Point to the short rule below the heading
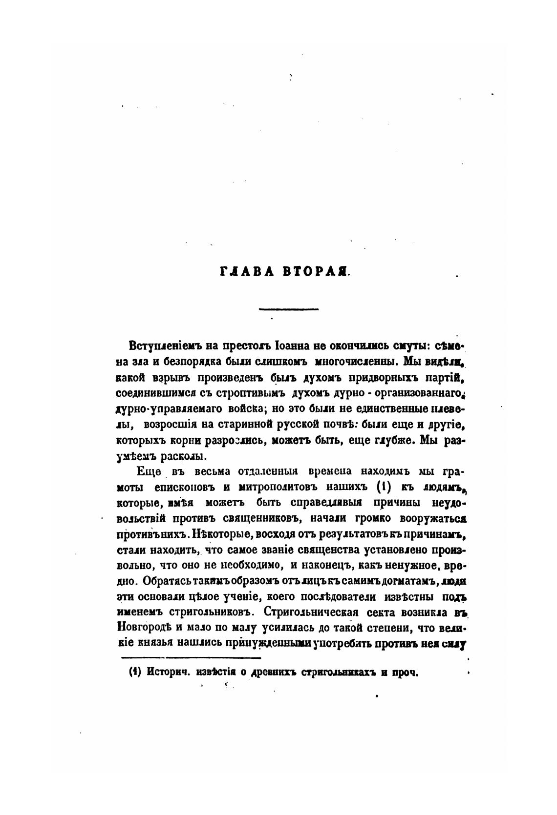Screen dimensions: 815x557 tap(288, 309)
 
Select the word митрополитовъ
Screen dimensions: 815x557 tap(277, 487)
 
